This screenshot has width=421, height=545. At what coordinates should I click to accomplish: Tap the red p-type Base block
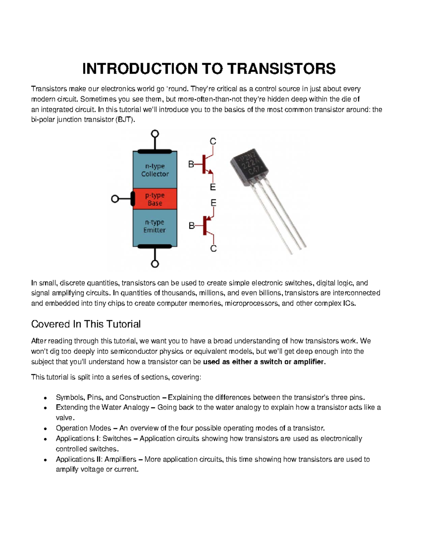tap(155, 199)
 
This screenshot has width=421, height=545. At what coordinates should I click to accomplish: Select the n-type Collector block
tap(155, 170)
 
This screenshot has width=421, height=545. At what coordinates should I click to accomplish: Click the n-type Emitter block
tap(155, 226)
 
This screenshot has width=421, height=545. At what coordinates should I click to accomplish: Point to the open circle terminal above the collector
tap(155, 134)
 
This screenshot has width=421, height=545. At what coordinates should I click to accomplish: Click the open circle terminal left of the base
tap(115, 199)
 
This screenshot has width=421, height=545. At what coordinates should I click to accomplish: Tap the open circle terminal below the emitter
tap(155, 264)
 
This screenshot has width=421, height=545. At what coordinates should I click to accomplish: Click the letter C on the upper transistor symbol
tap(213, 141)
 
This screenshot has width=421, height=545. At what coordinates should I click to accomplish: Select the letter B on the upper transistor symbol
tap(191, 164)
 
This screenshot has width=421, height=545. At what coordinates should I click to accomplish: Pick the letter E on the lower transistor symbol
tap(213, 203)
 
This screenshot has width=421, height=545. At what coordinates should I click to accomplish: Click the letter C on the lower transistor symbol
tap(213, 249)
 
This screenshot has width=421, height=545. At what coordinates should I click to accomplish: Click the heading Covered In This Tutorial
tap(86, 324)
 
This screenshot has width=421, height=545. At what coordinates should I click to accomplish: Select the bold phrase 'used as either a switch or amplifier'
tap(264, 362)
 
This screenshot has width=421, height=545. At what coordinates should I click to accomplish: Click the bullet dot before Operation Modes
tap(45, 429)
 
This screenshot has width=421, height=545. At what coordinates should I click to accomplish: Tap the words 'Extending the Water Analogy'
tap(102, 407)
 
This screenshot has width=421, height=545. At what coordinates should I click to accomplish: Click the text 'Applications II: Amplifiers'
tap(96, 459)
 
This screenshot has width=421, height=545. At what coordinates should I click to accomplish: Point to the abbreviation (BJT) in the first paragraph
tap(125, 120)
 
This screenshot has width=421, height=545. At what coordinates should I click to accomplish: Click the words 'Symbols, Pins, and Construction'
tap(108, 397)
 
